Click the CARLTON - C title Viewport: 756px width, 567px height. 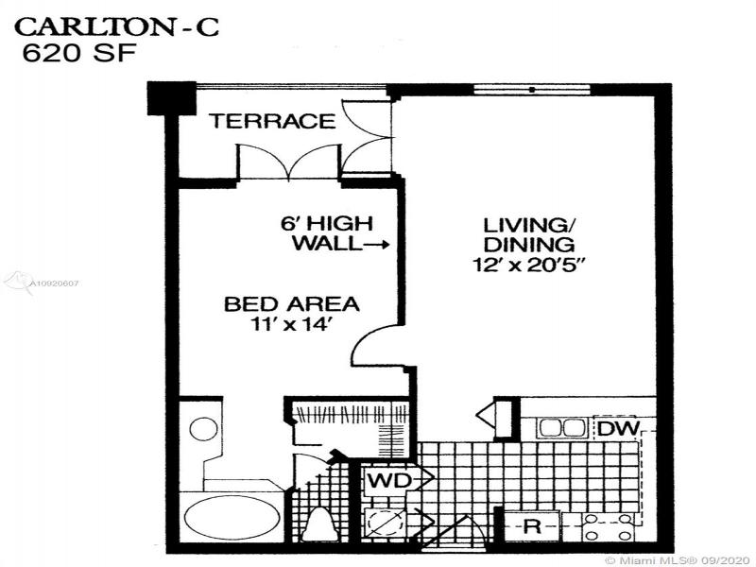pyautogui.click(x=116, y=26)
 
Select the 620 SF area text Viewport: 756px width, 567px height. pyautogui.click(x=79, y=53)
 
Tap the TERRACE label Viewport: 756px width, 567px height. pyautogui.click(x=272, y=121)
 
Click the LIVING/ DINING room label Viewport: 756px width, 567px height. pyautogui.click(x=529, y=234)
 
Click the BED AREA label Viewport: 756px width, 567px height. pyautogui.click(x=292, y=304)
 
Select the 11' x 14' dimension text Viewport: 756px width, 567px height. pyautogui.click(x=292, y=324)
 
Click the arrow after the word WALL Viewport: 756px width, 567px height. pyautogui.click(x=375, y=246)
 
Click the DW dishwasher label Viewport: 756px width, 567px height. pyautogui.click(x=619, y=428)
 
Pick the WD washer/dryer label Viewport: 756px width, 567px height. pyautogui.click(x=390, y=480)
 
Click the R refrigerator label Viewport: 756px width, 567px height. pyautogui.click(x=532, y=526)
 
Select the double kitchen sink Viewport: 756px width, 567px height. pyautogui.click(x=561, y=428)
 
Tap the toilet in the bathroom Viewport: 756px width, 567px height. pyautogui.click(x=320, y=524)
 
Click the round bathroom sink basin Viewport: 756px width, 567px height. pyautogui.click(x=203, y=429)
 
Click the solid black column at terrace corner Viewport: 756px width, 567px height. pyautogui.click(x=171, y=98)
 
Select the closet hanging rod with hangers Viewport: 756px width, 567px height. pyautogui.click(x=351, y=414)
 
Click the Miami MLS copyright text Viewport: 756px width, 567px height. pyautogui.click(x=679, y=560)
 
